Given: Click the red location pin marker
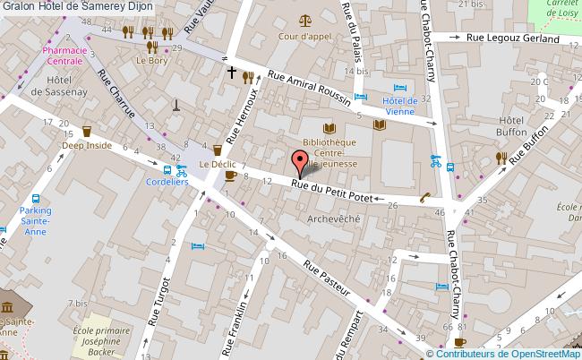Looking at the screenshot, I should click(299, 164).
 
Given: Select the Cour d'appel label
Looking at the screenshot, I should click(304, 37).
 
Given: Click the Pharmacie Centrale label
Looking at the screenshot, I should click(64, 56).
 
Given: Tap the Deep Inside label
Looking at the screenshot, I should click(86, 146).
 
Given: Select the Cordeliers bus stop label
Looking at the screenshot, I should click(167, 181).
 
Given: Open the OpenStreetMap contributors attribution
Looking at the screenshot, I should click(510, 353).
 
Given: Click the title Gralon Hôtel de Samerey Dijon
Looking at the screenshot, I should click(76, 6).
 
